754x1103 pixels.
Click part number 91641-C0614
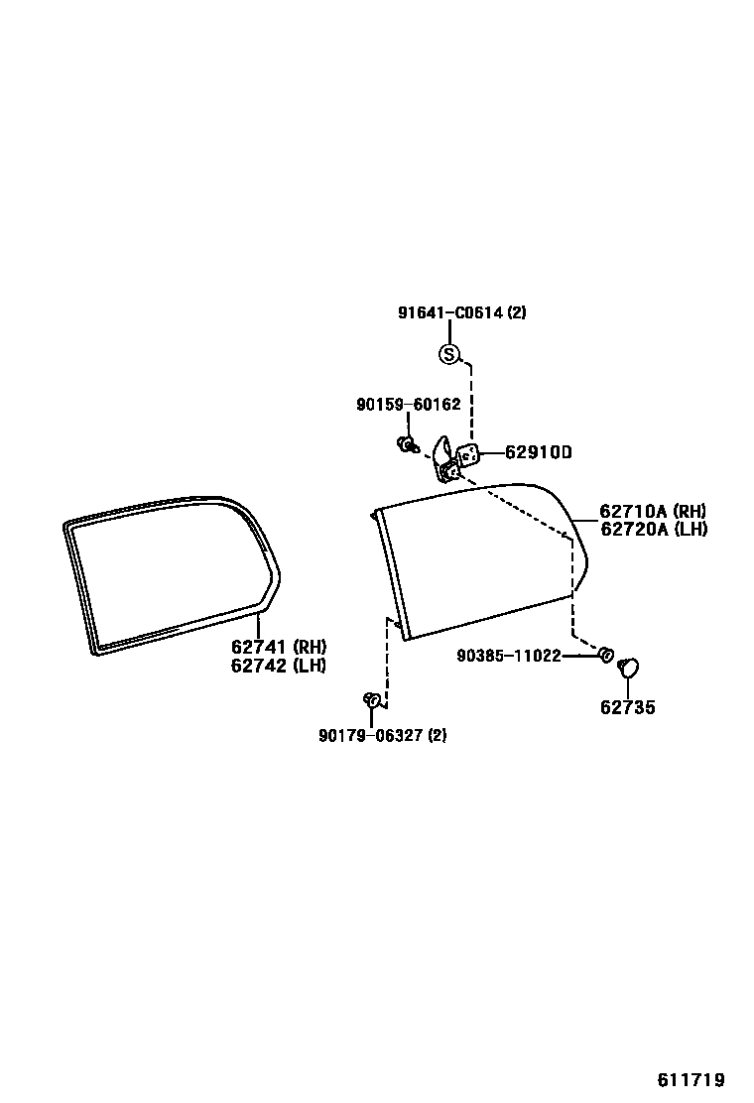click(450, 312)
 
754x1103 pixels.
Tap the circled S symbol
click(448, 354)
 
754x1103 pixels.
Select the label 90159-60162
click(409, 405)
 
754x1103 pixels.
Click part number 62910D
click(539, 452)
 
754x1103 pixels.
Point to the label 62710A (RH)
click(653, 512)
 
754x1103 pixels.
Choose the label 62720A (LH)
click(654, 529)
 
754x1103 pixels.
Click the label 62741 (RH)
click(279, 647)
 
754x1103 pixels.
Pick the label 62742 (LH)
click(279, 665)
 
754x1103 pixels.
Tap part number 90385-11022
click(509, 656)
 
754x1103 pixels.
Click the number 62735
click(627, 707)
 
